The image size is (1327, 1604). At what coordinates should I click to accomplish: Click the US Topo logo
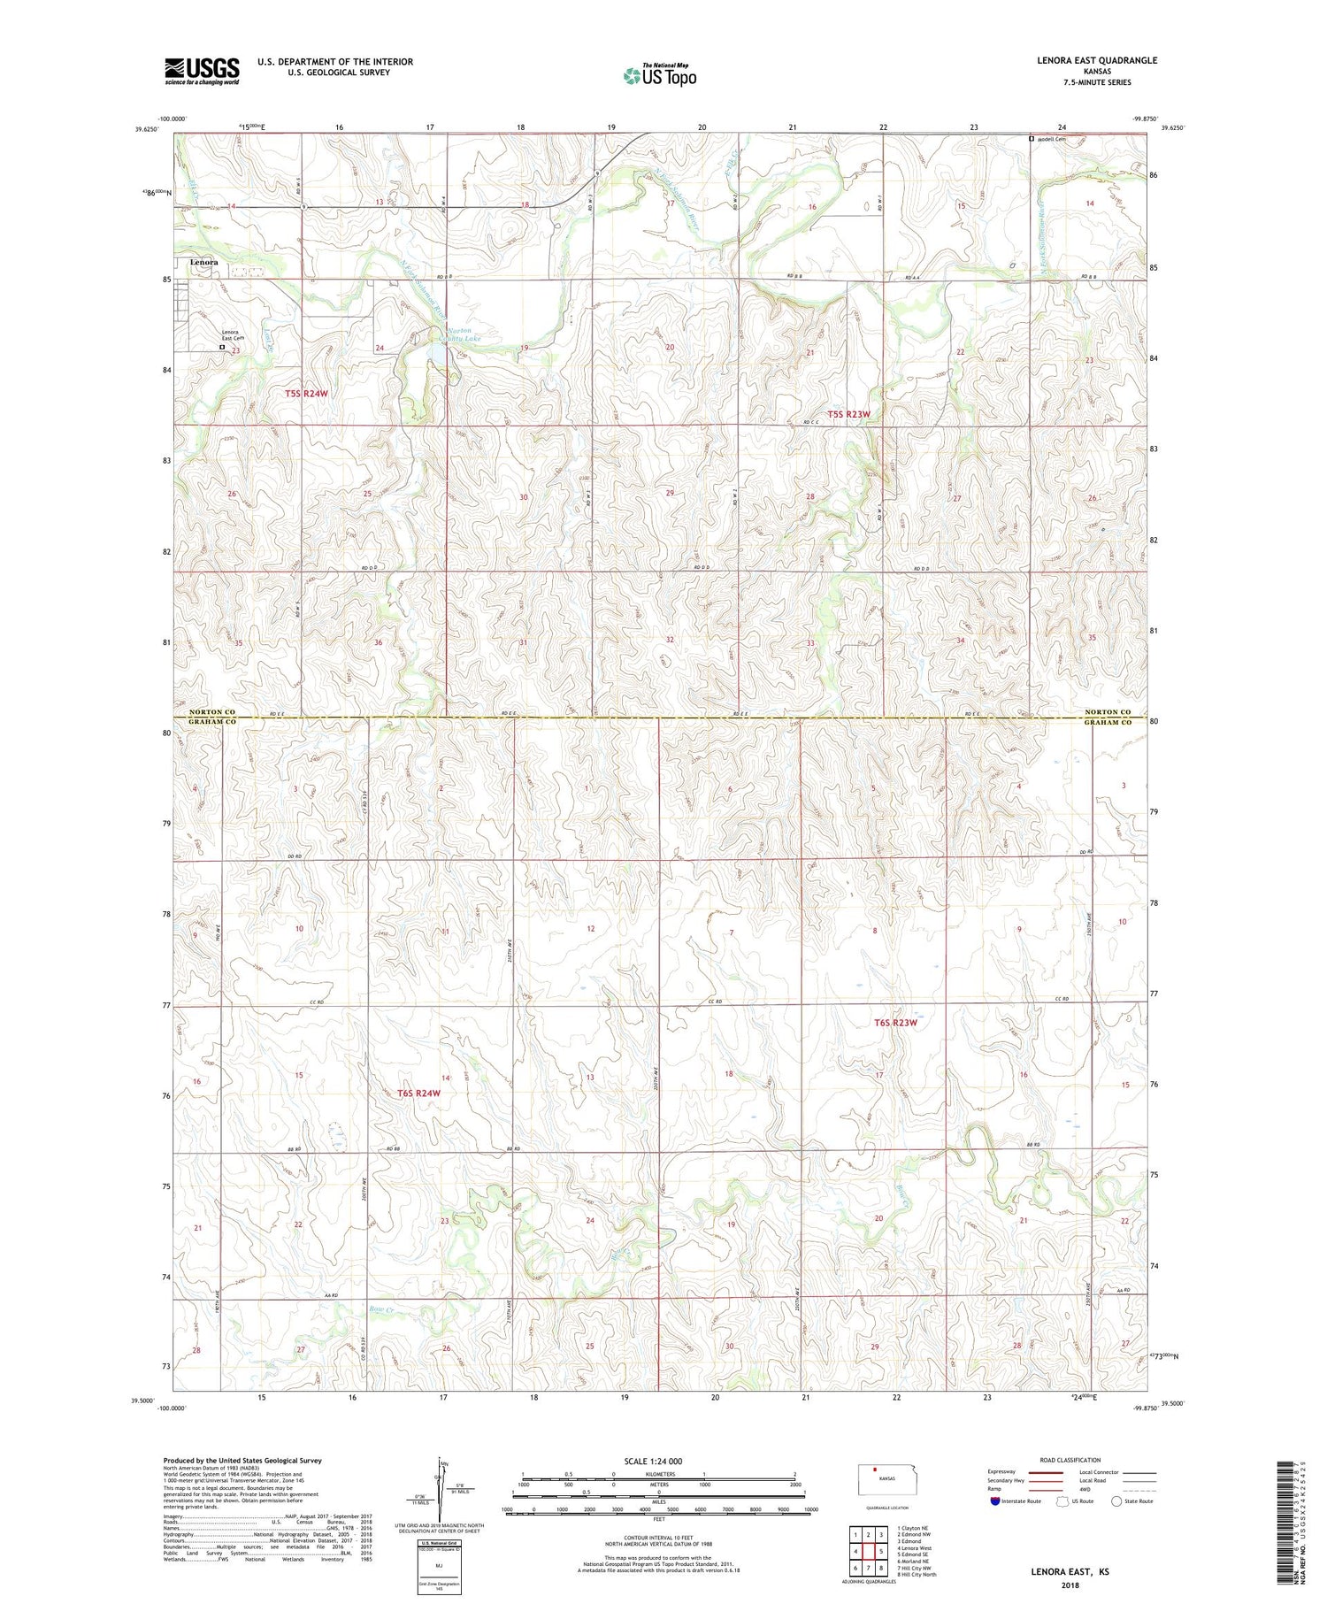(659, 76)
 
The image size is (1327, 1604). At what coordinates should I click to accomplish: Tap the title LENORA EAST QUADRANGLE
(1096, 60)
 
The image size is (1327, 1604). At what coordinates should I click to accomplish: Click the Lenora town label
(203, 263)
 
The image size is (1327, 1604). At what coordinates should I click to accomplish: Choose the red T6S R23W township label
(895, 1023)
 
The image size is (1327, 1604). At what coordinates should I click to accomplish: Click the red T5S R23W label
(848, 414)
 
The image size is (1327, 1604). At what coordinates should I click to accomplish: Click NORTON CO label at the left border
(212, 712)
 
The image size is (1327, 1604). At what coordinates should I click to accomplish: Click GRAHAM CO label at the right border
(1108, 723)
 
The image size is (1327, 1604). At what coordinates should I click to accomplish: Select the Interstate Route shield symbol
(996, 1501)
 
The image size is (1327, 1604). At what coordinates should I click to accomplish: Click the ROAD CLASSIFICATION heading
(1070, 1460)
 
